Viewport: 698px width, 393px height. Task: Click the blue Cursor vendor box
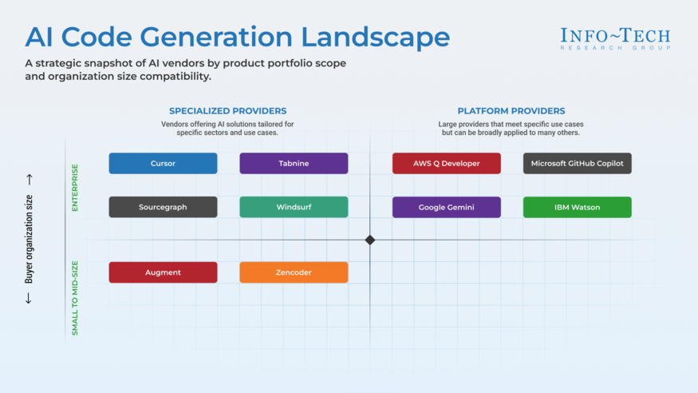click(x=163, y=163)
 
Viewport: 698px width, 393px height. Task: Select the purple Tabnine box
click(x=294, y=163)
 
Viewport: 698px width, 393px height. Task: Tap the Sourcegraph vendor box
click(x=163, y=207)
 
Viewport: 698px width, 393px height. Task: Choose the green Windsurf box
click(x=294, y=207)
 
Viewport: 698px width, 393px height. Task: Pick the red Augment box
click(x=163, y=272)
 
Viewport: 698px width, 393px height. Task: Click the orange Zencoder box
click(x=294, y=272)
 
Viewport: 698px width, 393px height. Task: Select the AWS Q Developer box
click(x=446, y=163)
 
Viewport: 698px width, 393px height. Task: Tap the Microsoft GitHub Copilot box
click(x=577, y=163)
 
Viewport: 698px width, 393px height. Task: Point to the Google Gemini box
click(x=446, y=207)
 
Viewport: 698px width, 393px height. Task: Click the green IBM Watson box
click(x=577, y=207)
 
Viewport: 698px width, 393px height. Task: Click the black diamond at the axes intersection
click(x=370, y=240)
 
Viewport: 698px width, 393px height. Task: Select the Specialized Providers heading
click(x=227, y=111)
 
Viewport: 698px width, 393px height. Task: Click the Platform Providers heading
click(x=511, y=111)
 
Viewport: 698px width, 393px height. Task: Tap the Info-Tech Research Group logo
click(x=614, y=38)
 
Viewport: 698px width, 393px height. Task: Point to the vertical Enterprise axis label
click(x=76, y=188)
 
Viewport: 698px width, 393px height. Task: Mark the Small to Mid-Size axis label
click(x=76, y=297)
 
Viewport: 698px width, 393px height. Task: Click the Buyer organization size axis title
click(x=30, y=239)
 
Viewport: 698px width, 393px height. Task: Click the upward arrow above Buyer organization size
click(x=30, y=180)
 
